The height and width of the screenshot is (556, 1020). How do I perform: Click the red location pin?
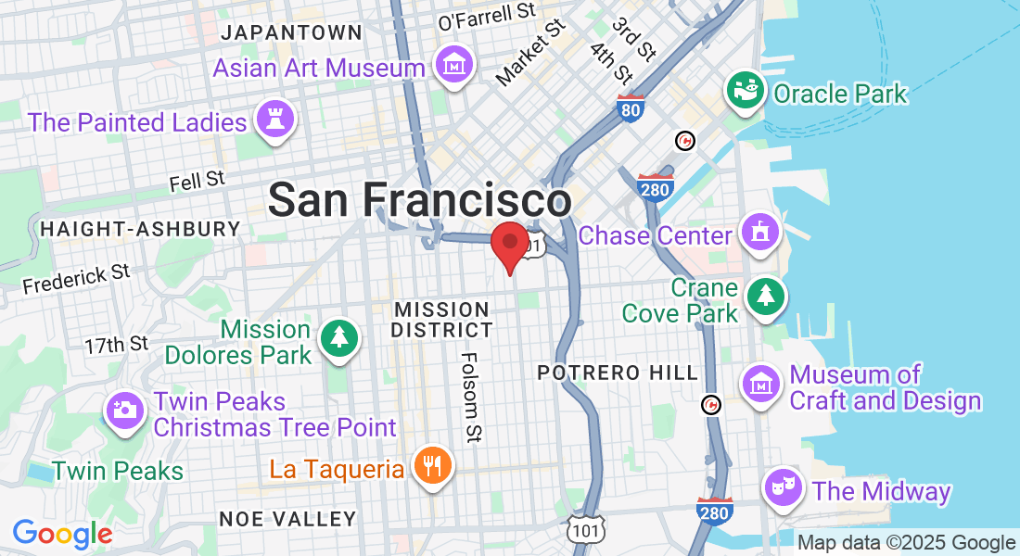(x=509, y=245)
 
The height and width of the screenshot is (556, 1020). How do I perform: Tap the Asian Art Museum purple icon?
(x=454, y=67)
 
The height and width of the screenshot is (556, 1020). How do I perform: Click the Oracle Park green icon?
(x=744, y=91)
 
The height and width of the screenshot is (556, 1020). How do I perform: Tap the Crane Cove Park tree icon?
(x=766, y=297)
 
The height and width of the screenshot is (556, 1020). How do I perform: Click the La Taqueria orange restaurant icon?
(x=431, y=465)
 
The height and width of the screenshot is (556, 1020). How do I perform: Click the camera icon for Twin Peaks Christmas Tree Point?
(x=124, y=410)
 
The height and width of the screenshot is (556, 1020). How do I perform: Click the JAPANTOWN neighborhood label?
(x=292, y=32)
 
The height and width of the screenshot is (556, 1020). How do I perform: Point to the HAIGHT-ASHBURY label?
(x=140, y=228)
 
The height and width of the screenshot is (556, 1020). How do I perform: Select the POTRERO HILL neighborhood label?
(x=618, y=373)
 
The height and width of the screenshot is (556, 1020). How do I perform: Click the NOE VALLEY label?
(x=287, y=518)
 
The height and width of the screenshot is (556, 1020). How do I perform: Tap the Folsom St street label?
(x=471, y=397)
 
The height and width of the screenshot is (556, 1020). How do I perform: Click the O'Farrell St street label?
(x=487, y=16)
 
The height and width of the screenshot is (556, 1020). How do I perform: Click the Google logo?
(x=62, y=534)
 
